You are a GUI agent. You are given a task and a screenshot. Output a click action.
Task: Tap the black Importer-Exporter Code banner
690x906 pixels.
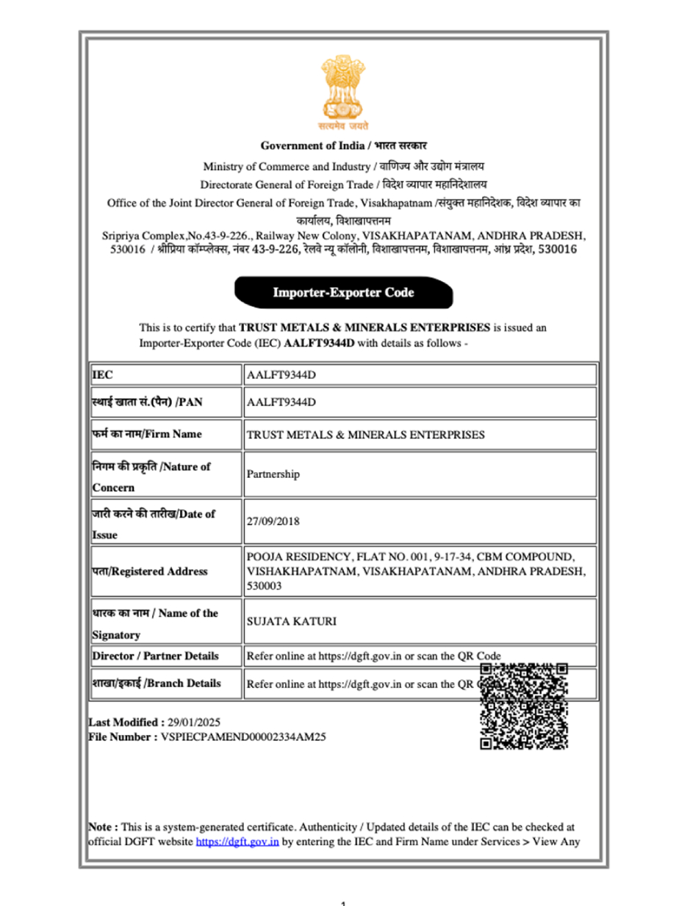(343, 292)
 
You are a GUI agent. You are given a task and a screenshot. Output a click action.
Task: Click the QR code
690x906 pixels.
(524, 706)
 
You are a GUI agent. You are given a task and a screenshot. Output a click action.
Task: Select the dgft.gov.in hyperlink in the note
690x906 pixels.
(237, 841)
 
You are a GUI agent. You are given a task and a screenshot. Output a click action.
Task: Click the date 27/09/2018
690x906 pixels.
(273, 524)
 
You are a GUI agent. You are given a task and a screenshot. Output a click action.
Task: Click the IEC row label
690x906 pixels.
(102, 375)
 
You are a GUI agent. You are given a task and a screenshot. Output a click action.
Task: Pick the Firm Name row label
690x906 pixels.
(146, 434)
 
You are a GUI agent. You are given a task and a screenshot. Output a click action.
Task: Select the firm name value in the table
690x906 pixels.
(365, 434)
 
